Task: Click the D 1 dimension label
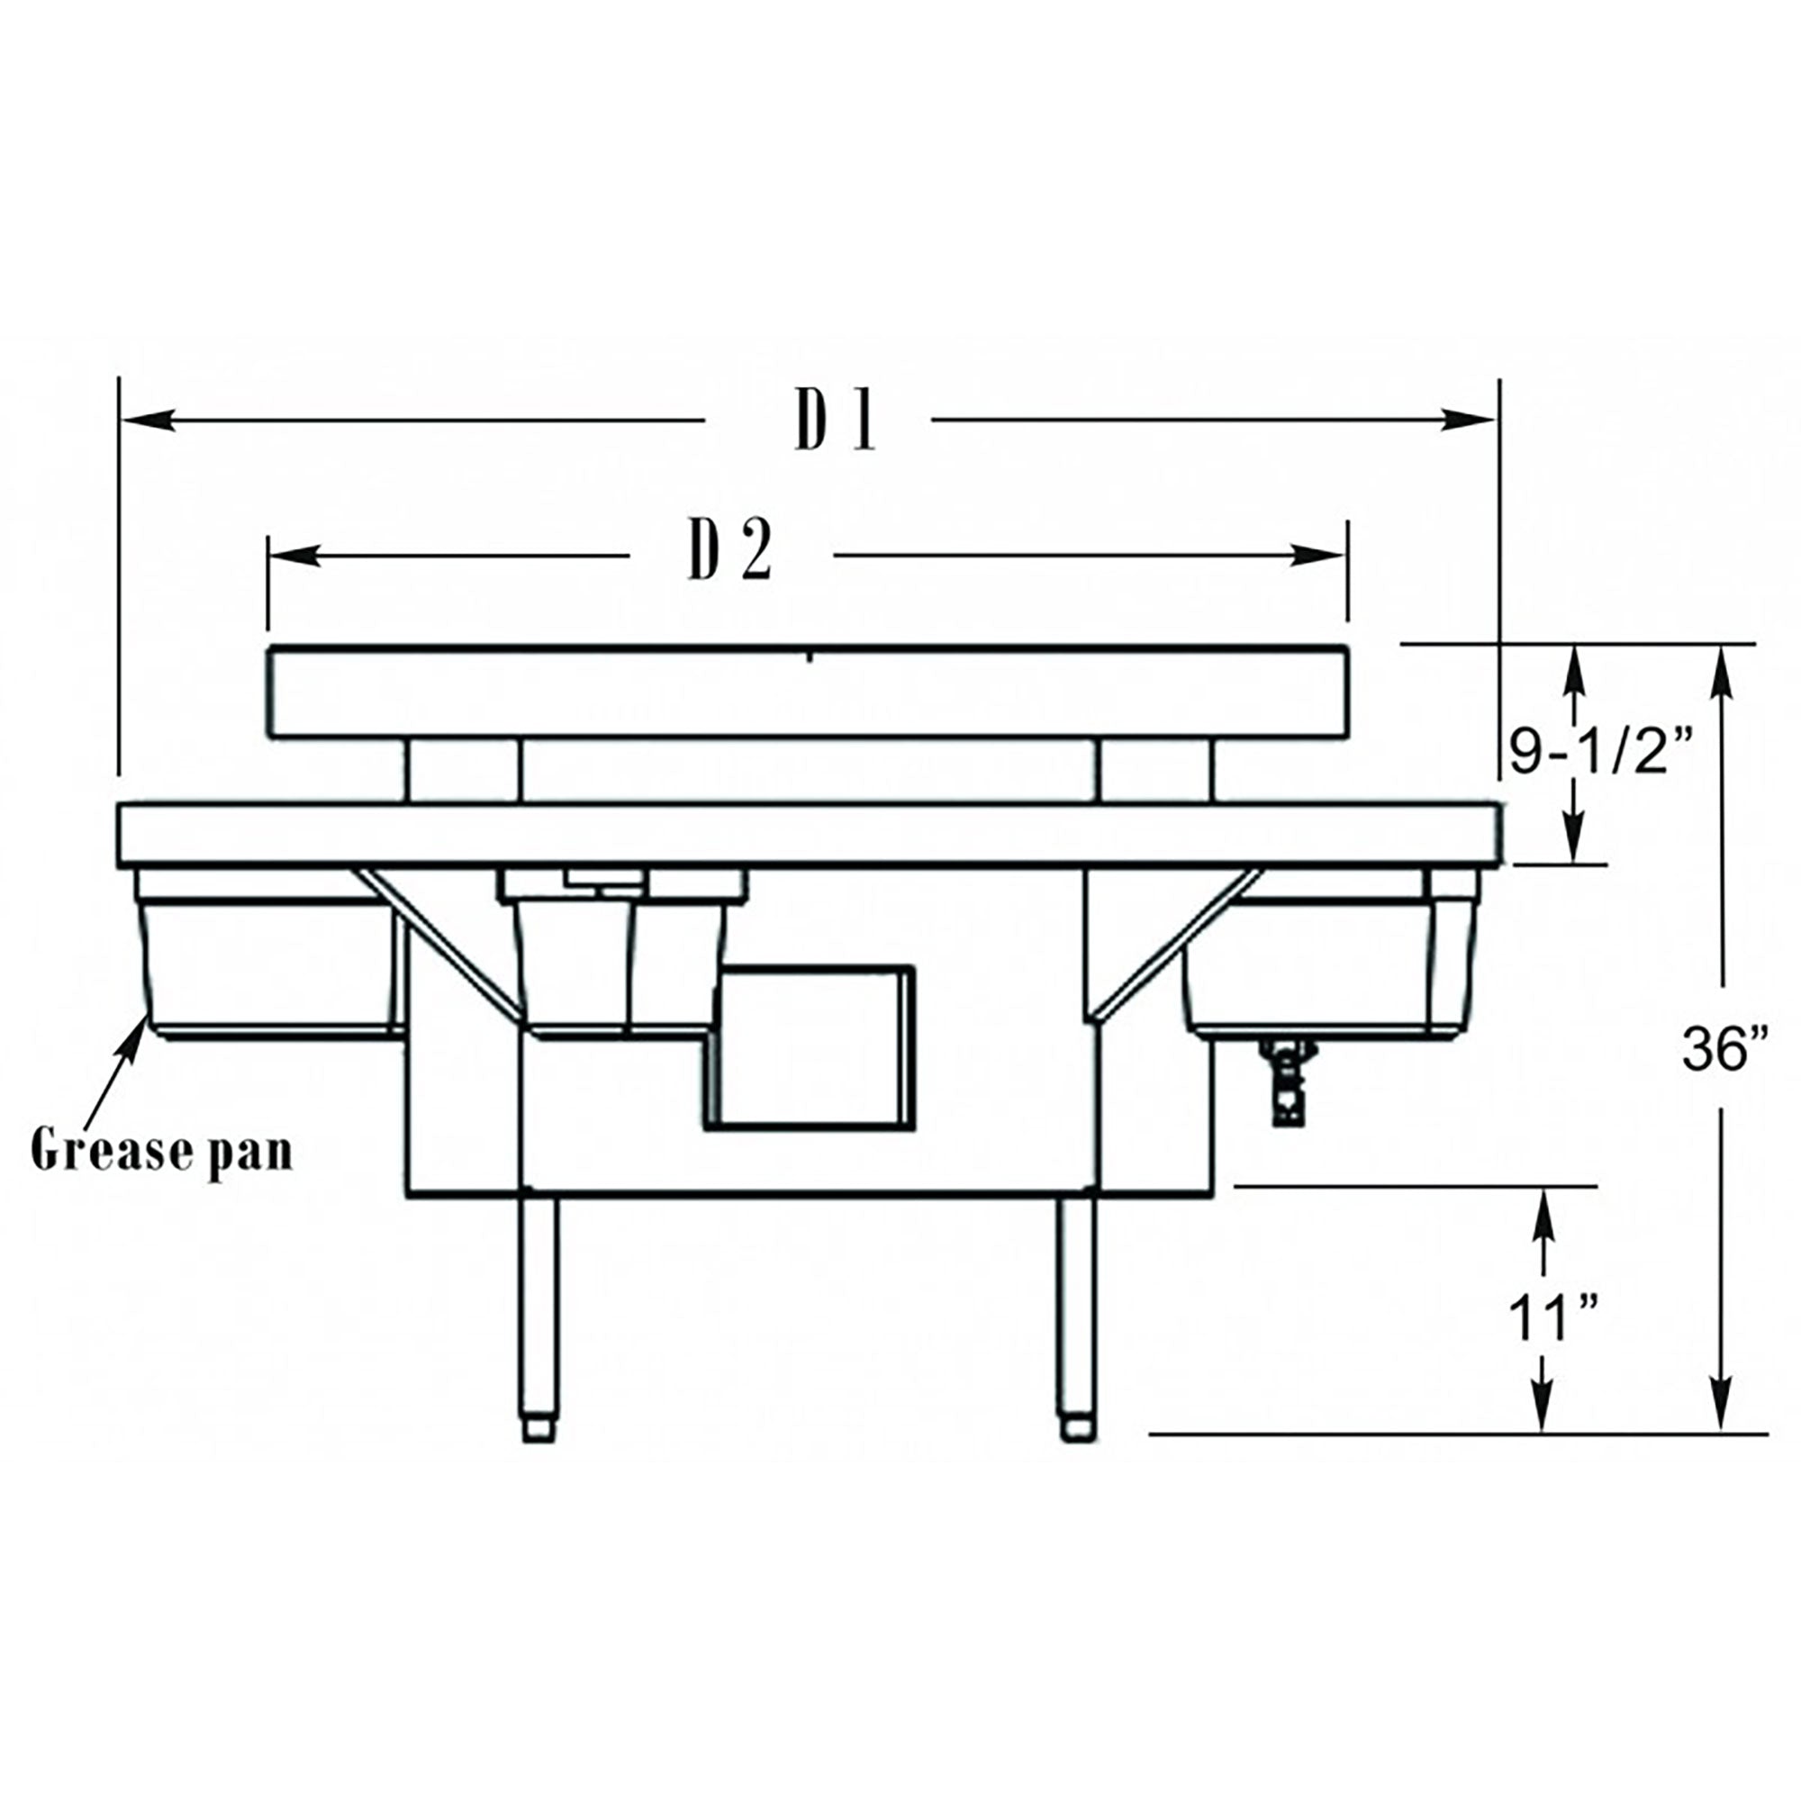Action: tap(836, 420)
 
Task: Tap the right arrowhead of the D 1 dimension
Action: tap(1471, 421)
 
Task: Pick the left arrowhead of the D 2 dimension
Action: tap(293, 557)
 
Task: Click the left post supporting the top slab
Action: tap(463, 770)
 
